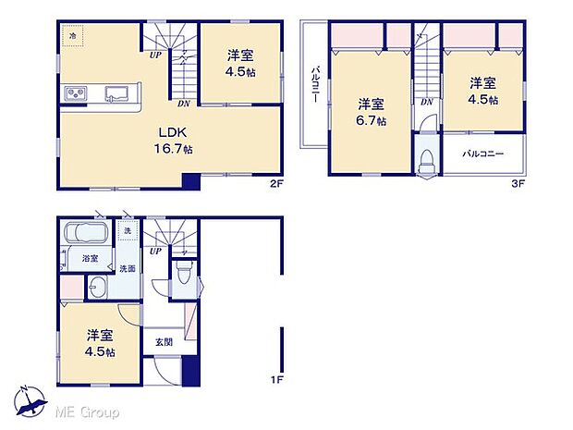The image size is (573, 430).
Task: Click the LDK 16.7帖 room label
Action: (x=174, y=141)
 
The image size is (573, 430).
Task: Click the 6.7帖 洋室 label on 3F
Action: (x=372, y=111)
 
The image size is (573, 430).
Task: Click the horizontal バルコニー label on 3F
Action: (x=482, y=154)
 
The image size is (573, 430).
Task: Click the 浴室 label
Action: (x=89, y=259)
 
